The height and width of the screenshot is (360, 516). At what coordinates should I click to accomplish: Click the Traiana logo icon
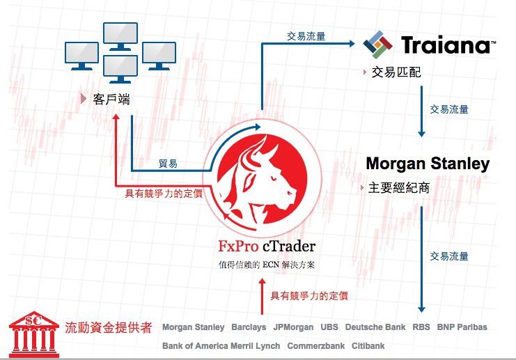point(378,45)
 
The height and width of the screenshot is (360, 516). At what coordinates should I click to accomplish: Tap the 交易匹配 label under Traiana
point(396,72)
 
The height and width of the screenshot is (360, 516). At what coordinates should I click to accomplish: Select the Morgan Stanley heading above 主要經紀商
point(428,164)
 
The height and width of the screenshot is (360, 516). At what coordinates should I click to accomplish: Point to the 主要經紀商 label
point(398,188)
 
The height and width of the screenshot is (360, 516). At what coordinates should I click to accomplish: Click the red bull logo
point(263,180)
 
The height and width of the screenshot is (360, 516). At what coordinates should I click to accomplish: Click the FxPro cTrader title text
point(267,246)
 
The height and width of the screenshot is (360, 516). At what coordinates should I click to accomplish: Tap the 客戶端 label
point(111,99)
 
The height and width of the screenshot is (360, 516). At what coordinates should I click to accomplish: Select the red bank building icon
point(34,334)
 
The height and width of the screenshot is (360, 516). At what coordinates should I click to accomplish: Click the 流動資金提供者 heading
point(108,327)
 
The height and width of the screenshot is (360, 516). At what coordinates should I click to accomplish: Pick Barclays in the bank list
point(249,327)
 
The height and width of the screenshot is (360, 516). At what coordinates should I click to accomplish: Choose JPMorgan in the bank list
point(293,327)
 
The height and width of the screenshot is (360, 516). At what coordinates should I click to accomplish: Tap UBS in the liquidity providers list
point(329,327)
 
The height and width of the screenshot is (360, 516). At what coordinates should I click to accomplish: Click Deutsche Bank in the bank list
point(375,327)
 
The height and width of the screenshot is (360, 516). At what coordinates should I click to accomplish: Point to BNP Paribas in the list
point(462,327)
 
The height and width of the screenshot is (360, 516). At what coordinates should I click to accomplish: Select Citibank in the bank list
point(368,346)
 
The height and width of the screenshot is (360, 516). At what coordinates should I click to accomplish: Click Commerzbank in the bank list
point(316,346)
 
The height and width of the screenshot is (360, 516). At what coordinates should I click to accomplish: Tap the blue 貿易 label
point(168,164)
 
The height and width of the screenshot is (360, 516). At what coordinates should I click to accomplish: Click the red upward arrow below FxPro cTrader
point(262,297)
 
